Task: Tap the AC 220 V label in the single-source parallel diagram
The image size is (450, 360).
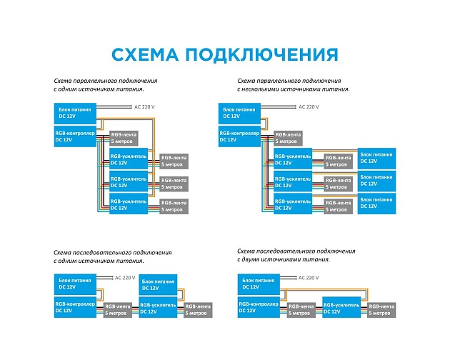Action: (x=145, y=107)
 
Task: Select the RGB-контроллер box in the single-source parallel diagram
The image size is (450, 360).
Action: (x=74, y=136)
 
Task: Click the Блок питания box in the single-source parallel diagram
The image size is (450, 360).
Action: (x=74, y=112)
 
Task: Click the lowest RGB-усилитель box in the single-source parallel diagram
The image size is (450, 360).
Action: (x=128, y=206)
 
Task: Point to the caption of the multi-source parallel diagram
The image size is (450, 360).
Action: (x=294, y=85)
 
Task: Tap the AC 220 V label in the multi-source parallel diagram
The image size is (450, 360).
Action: (x=309, y=107)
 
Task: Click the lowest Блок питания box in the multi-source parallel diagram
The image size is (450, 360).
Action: (x=376, y=202)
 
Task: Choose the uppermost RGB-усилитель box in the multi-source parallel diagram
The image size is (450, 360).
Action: (x=293, y=159)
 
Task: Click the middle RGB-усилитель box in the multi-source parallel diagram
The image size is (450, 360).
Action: (x=293, y=182)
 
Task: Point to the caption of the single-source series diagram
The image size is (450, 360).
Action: (x=113, y=256)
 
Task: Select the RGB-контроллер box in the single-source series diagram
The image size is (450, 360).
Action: (x=74, y=308)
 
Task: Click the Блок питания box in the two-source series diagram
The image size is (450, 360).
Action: (x=256, y=284)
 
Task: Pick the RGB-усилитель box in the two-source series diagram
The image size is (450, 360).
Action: (x=340, y=308)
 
